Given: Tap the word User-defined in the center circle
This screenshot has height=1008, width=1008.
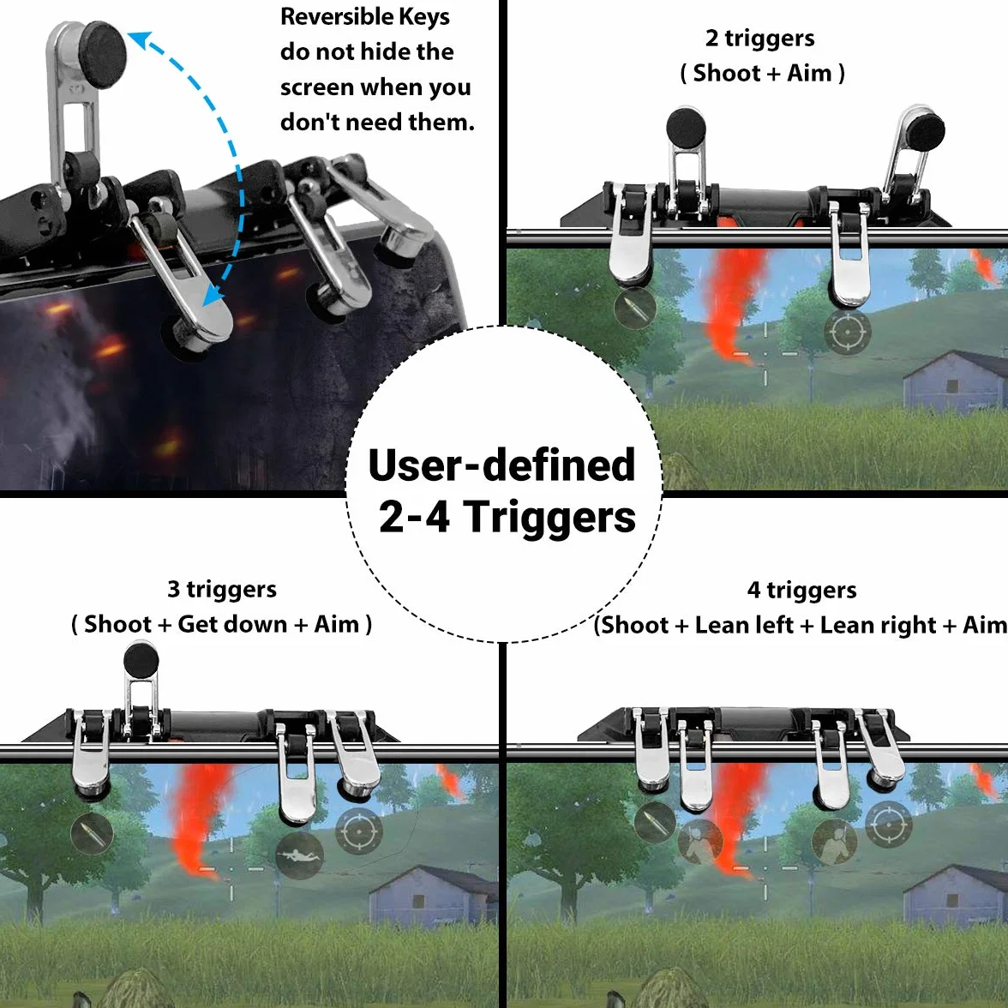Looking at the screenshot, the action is click(501, 465).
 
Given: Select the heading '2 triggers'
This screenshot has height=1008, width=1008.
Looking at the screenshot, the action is click(759, 39).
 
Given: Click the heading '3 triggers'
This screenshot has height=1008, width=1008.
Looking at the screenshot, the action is click(222, 589).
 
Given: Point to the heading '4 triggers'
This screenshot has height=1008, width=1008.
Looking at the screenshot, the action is click(801, 590).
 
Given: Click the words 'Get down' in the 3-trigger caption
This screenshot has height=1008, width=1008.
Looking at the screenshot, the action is click(232, 624).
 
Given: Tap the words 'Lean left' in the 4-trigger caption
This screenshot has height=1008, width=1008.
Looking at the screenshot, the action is click(744, 625).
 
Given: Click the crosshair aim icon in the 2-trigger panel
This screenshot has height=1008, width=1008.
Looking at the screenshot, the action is click(847, 333).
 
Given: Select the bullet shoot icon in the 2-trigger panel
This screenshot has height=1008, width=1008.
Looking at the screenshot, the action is click(634, 309).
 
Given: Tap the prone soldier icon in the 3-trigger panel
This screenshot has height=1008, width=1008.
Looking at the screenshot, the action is click(300, 855).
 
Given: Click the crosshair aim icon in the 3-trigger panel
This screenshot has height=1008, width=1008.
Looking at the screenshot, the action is click(358, 831).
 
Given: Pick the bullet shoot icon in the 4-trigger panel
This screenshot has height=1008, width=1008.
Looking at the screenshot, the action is click(655, 822).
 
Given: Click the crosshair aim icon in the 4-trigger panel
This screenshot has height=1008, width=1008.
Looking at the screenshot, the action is click(888, 824).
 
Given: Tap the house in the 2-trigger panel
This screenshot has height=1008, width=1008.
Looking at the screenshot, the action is click(955, 380).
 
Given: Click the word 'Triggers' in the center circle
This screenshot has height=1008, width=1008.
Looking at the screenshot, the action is click(549, 517).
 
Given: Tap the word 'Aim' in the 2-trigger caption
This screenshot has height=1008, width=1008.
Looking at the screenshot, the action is click(809, 74).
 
